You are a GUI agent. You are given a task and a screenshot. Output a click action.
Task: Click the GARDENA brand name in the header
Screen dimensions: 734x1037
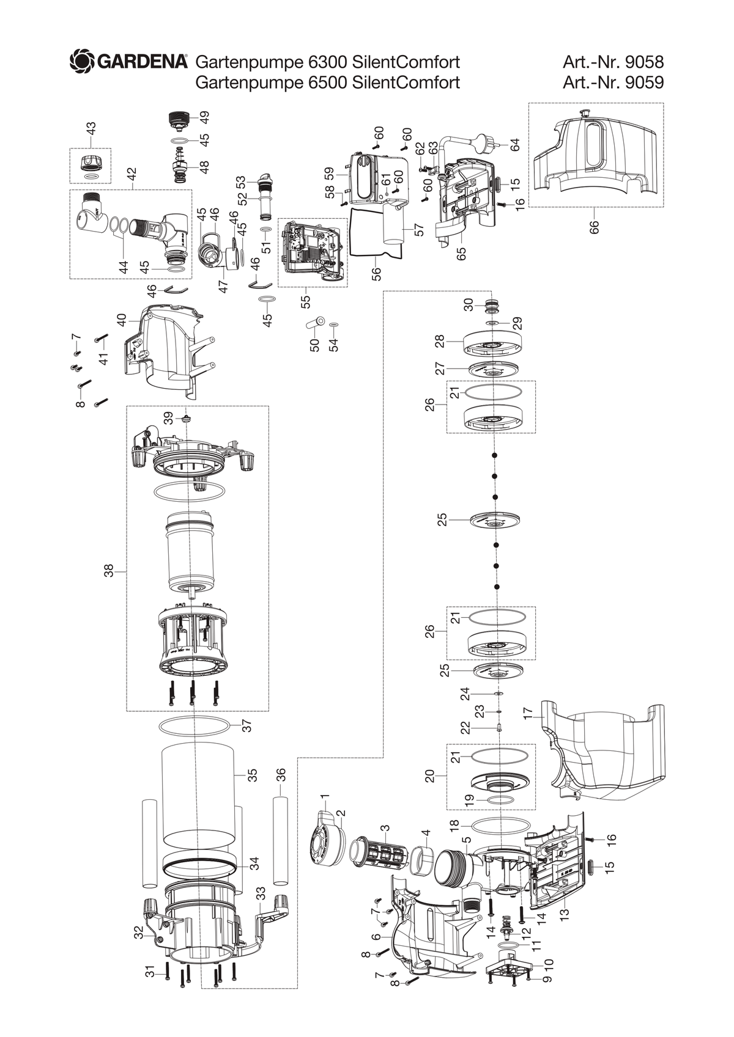coord(142,62)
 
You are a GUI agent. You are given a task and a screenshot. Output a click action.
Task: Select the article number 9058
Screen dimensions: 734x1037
coord(644,62)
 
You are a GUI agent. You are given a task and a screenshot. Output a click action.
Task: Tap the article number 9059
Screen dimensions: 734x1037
coord(644,82)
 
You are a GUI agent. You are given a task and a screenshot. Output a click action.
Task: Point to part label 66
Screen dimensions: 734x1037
coord(594,227)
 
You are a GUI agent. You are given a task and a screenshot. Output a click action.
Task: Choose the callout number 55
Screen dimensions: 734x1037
coord(305,301)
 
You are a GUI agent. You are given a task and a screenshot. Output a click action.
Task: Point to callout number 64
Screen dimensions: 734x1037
coord(515,144)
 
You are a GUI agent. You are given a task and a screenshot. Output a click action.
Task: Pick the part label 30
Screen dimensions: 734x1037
coord(469,304)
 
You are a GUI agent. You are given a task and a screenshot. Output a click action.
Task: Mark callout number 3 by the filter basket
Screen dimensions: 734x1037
coord(385,828)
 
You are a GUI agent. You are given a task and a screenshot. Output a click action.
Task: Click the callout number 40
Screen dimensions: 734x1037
coord(121,320)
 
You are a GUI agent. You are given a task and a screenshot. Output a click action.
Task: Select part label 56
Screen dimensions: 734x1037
coord(376,274)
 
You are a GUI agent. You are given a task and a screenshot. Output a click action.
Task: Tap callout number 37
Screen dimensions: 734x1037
coord(248,725)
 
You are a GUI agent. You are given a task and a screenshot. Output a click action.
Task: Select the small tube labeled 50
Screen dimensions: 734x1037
coord(315,323)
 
